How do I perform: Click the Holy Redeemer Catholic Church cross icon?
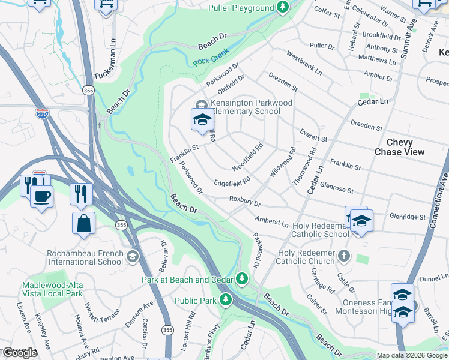pyautogui.click(x=344, y=256)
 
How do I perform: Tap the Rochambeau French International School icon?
pyautogui.click(x=132, y=257)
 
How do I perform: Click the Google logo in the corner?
pyautogui.click(x=19, y=353)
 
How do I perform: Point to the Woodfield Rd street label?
pyautogui.click(x=248, y=155)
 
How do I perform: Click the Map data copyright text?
pyautogui.click(x=411, y=355)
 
